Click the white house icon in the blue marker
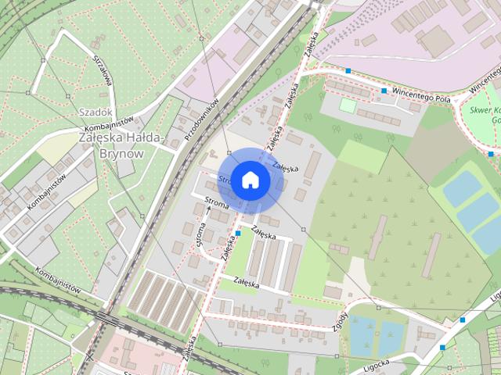250,180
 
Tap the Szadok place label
95,112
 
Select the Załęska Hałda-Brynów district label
122,145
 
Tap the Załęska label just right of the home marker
286,166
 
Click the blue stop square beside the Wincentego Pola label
384,91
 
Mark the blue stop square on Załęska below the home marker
238,233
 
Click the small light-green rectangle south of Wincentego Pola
348,105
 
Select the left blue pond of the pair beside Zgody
361,334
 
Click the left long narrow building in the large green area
378,238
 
